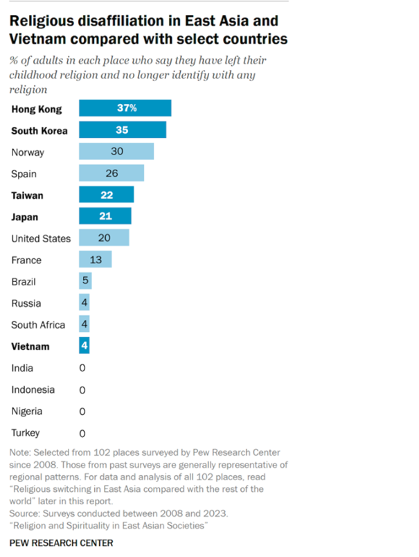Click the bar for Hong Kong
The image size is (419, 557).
(x=125, y=109)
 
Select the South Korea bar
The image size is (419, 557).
(x=123, y=130)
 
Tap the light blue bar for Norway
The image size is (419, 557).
(x=116, y=152)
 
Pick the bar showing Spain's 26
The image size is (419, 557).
(x=112, y=173)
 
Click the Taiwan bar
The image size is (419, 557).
(x=107, y=195)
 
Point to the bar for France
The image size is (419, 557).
(x=96, y=260)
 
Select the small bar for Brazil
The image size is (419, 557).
(x=85, y=281)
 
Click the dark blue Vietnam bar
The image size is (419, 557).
(x=84, y=346)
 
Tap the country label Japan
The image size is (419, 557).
(x=25, y=217)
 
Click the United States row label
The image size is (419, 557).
(x=41, y=238)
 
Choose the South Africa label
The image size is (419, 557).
(x=38, y=325)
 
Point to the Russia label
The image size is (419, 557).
(x=26, y=303)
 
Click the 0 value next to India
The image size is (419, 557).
(x=82, y=369)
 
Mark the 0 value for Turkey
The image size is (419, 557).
(x=82, y=434)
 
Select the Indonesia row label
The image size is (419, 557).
(x=33, y=390)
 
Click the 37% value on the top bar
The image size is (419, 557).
(x=126, y=109)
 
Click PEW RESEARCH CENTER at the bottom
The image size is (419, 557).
(x=62, y=543)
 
